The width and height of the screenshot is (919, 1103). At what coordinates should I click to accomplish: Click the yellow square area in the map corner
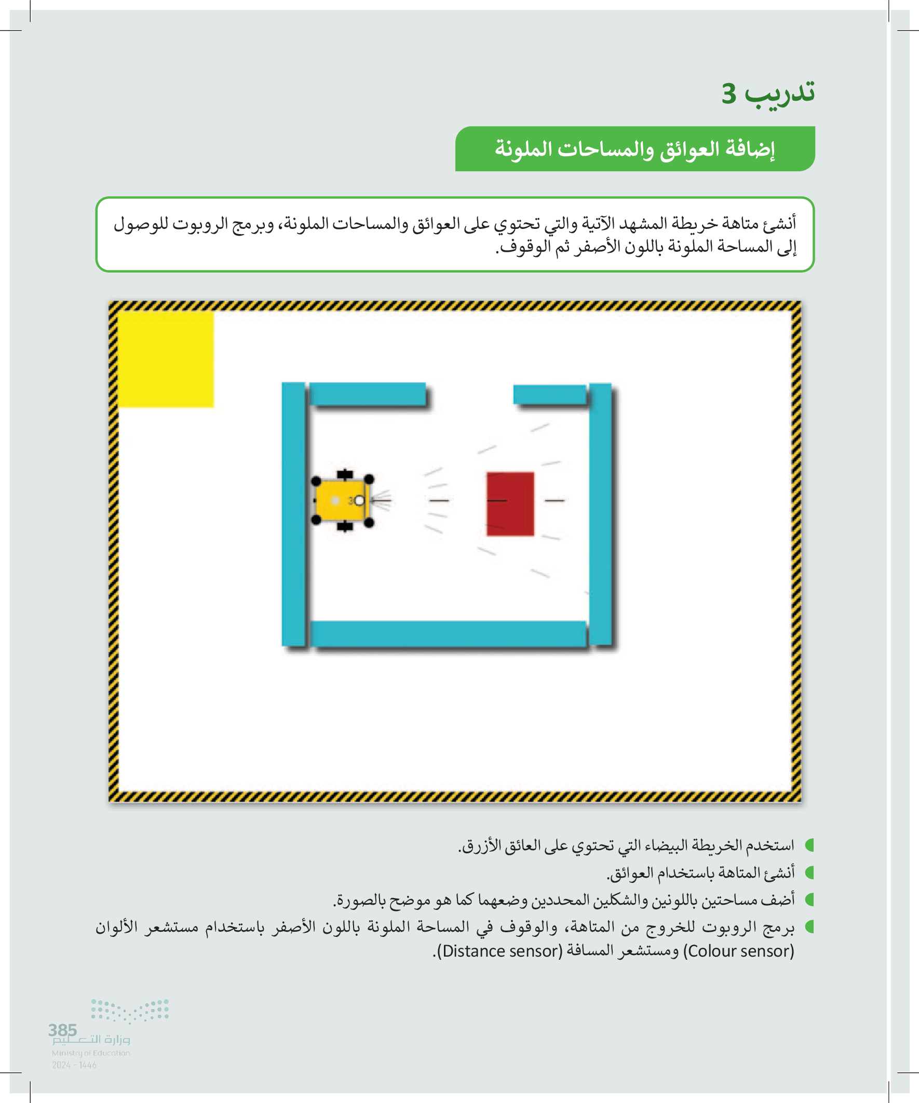[x=166, y=359]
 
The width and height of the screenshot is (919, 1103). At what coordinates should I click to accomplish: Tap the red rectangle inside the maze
[x=510, y=503]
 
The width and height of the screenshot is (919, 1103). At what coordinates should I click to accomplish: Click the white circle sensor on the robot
[x=359, y=500]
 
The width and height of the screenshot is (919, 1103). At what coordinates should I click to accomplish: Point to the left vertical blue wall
[x=293, y=514]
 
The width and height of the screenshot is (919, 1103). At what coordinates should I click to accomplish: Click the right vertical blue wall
[x=600, y=514]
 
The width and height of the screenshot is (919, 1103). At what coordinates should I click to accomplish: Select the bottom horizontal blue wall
[x=448, y=633]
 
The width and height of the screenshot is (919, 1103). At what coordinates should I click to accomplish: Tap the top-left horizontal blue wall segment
[x=367, y=393]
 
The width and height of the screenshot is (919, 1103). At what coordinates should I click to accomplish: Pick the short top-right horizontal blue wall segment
[x=550, y=394]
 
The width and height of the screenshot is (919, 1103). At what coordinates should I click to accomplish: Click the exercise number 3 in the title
[x=729, y=94]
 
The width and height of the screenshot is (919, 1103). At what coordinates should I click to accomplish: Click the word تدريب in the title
[x=780, y=92]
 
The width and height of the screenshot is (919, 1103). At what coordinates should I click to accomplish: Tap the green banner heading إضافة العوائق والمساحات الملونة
[x=635, y=149]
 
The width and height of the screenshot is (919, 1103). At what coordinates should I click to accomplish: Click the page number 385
[x=62, y=1030]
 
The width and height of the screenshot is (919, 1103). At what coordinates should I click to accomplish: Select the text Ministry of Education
[x=91, y=1053]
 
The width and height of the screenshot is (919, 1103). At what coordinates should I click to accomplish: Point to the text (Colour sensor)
[x=739, y=951]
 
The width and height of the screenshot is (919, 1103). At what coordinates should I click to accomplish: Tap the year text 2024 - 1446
[x=74, y=1065]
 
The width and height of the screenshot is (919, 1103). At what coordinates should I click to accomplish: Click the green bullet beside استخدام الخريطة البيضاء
[x=809, y=845]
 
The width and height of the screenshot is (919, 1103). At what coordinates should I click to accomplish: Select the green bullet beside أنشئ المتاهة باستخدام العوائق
[x=809, y=873]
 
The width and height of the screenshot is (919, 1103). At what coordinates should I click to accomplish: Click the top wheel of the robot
[x=345, y=475]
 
